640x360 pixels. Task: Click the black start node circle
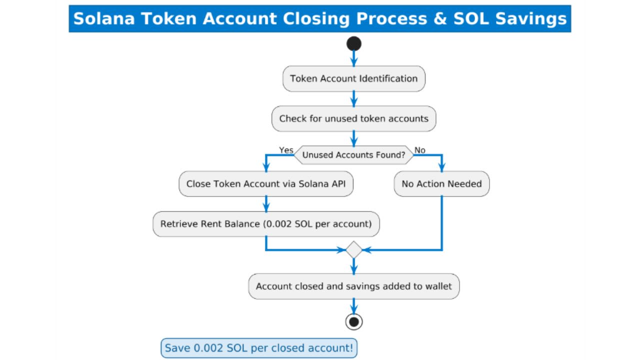pyautogui.click(x=354, y=44)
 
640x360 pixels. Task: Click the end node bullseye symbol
pyautogui.click(x=354, y=321)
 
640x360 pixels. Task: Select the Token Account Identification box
pyautogui.click(x=354, y=78)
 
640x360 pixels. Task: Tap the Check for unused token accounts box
pyautogui.click(x=354, y=119)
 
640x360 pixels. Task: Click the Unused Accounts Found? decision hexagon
pyautogui.click(x=354, y=155)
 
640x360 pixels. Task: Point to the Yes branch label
pyautogui.click(x=286, y=150)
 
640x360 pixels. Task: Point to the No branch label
pyautogui.click(x=420, y=150)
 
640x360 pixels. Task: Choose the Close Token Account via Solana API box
pyautogui.click(x=266, y=184)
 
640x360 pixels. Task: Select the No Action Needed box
pyautogui.click(x=441, y=184)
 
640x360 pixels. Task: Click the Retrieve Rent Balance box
pyautogui.click(x=266, y=224)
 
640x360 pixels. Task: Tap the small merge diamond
pyautogui.click(x=354, y=249)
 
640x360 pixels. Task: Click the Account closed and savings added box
pyautogui.click(x=354, y=286)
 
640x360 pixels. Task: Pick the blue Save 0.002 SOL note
pyautogui.click(x=259, y=348)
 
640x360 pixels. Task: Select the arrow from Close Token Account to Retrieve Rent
pyautogui.click(x=266, y=203)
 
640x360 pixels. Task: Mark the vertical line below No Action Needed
pyautogui.click(x=441, y=222)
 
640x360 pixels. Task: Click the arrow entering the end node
pyautogui.click(x=354, y=306)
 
